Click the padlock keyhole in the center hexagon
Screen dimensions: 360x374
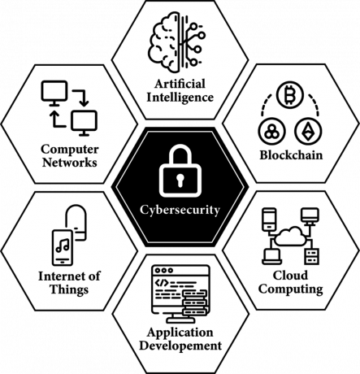[x=180, y=180]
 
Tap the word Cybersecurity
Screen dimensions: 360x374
[x=180, y=211]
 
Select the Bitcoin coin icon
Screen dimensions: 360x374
[x=290, y=96]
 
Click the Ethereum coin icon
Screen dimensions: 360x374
[x=308, y=131]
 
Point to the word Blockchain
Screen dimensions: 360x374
[x=291, y=155]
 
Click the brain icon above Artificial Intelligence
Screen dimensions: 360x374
[x=164, y=44]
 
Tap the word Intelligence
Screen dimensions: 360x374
[x=180, y=98]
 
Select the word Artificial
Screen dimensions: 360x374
[x=180, y=84]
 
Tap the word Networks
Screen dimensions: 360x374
[x=70, y=163]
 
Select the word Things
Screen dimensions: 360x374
[x=69, y=289]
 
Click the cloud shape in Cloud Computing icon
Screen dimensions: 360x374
[x=291, y=237]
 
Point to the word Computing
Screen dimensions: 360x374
[x=291, y=289]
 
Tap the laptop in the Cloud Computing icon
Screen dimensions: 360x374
[x=271, y=257]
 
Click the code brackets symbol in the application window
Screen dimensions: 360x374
[x=162, y=283]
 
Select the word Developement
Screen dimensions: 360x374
[x=180, y=346]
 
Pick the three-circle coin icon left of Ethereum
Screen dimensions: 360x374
[x=271, y=131]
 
